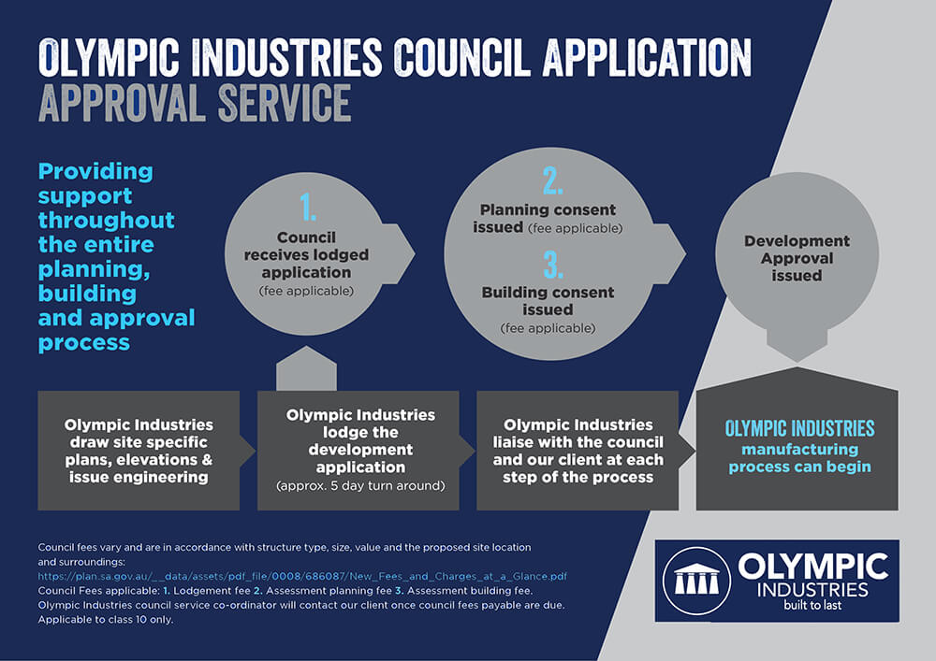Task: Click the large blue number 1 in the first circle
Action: pos(308,208)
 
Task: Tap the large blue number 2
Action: pos(553,180)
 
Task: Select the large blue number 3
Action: pos(553,264)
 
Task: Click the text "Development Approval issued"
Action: pos(797,258)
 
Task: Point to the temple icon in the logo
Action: pos(696,580)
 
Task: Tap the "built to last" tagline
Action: pos(812,605)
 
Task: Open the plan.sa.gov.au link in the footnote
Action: pos(302,576)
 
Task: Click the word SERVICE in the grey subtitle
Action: pos(285,103)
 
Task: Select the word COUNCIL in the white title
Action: pos(461,57)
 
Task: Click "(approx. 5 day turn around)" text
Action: pos(360,486)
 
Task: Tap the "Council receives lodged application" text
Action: pos(306,254)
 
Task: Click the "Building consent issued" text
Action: pos(548,301)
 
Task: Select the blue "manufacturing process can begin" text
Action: pos(800,458)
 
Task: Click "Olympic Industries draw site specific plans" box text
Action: pos(139,451)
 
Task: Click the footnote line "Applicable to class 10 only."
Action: pos(106,620)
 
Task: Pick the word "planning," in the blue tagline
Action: pos(94,270)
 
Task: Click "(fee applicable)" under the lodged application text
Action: pos(306,291)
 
